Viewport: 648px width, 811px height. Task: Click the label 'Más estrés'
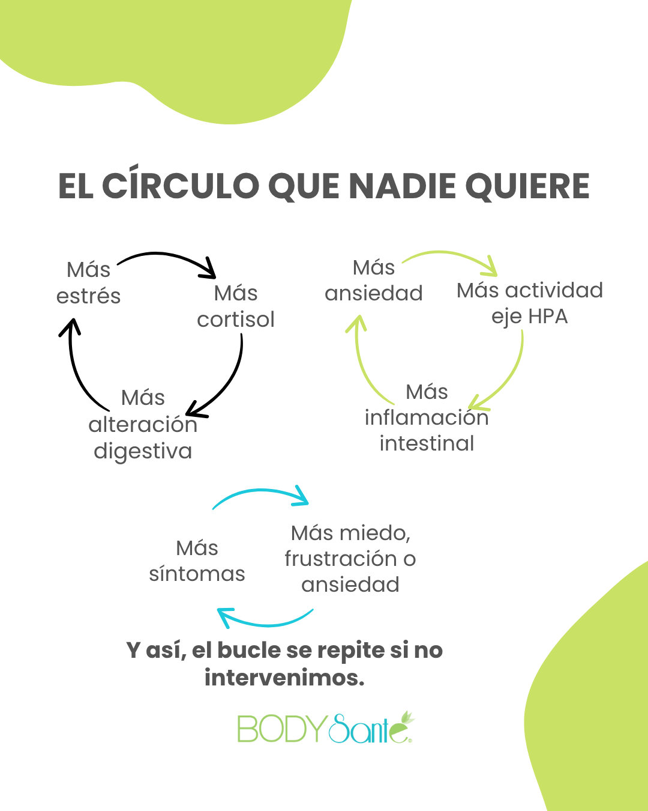(x=89, y=283)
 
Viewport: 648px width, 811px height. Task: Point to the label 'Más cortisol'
(x=236, y=306)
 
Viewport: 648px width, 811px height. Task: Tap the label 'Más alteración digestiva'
(x=143, y=424)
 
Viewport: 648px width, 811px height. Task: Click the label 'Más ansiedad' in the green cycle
(x=374, y=281)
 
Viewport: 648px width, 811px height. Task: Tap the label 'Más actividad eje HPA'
(x=529, y=303)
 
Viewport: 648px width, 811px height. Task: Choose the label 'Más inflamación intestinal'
(x=427, y=418)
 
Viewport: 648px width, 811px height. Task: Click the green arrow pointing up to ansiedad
(x=364, y=360)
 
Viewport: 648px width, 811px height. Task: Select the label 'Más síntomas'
(x=197, y=561)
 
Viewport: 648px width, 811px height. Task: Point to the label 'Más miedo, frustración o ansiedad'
(x=350, y=559)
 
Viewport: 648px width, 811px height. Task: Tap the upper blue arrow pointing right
(x=261, y=494)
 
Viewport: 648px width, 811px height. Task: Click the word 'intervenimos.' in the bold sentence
(x=284, y=678)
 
